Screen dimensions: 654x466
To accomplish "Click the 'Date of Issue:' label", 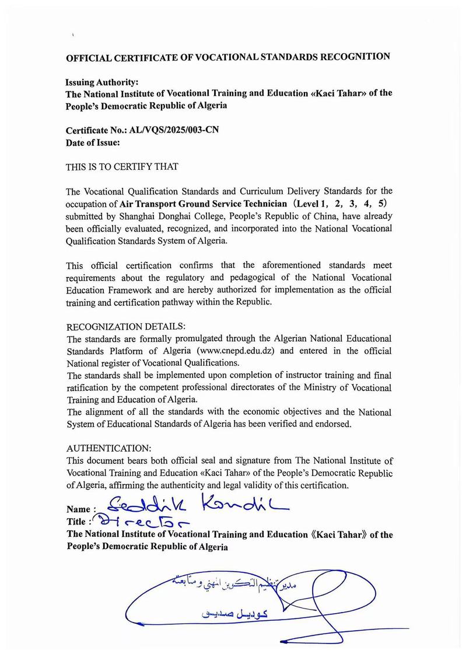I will pos(93,142).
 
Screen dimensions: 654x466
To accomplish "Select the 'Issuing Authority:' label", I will pos(101,82).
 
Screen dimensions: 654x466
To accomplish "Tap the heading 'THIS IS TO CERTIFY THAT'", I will pos(122,166).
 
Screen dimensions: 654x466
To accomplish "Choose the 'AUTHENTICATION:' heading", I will pos(109,447).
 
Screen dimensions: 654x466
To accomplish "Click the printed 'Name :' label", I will pos(81,510).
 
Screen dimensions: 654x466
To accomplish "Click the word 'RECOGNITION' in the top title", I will pos(354,57).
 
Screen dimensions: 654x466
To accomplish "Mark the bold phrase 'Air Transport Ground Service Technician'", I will pos(204,204).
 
